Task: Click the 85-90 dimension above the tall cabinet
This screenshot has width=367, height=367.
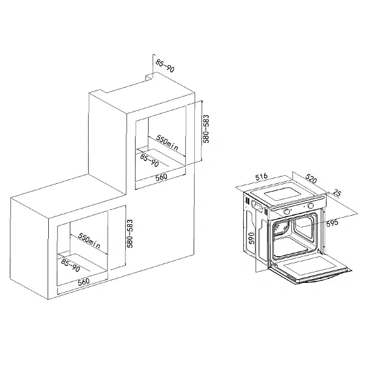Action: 165,66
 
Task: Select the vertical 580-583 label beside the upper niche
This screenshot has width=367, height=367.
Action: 206,128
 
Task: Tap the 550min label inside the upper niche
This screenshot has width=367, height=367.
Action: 167,143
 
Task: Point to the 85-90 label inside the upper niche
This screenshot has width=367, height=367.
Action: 149,160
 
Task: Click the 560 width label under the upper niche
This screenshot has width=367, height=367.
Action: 161,177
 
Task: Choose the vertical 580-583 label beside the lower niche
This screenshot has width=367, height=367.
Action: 130,233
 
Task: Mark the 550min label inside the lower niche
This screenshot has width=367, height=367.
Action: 89,241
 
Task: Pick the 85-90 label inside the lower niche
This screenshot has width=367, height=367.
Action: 70,265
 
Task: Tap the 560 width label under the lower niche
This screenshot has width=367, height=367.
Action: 84,282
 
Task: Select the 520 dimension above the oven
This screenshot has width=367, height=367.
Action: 311,179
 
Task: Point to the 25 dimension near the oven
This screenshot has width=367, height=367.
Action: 337,193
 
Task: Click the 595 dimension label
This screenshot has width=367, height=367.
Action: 332,223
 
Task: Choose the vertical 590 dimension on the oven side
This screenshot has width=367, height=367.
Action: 251,239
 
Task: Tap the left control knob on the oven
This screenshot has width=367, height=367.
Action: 287,212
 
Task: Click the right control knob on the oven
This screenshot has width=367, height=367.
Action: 310,206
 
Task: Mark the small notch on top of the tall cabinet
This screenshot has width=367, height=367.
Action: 149,78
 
